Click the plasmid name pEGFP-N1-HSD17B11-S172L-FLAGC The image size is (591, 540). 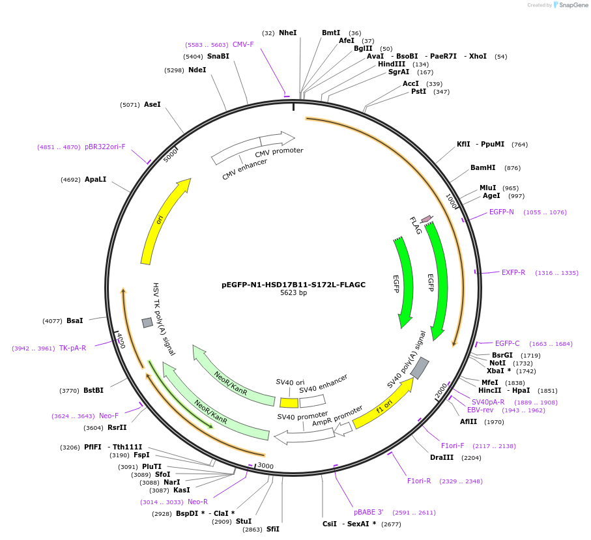click(x=293, y=285)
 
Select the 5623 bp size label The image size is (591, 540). click(x=293, y=293)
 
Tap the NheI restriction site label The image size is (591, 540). click(x=287, y=33)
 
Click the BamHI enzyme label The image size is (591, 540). click(x=483, y=168)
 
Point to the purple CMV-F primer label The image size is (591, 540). click(x=243, y=45)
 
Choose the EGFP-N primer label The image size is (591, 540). click(x=501, y=212)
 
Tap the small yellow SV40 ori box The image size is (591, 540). click(x=289, y=403)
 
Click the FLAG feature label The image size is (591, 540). click(x=415, y=225)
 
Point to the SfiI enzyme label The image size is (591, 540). click(x=272, y=530)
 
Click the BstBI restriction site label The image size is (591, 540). click(x=93, y=391)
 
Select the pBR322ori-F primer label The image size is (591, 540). click(x=105, y=147)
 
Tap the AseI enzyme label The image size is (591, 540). click(x=152, y=104)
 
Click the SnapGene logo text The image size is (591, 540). click(x=573, y=5)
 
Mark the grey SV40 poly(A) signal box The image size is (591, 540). click(x=420, y=368)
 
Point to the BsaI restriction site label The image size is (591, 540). click(x=75, y=320)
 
